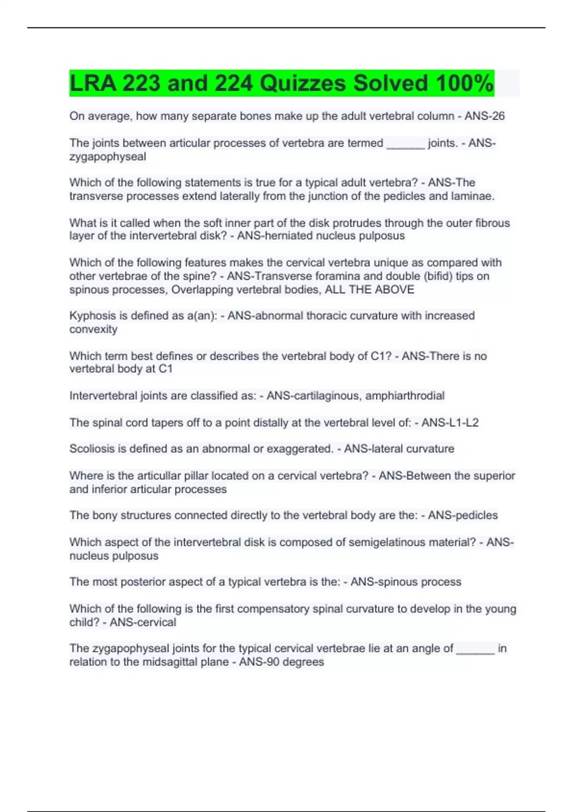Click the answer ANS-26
(x=485, y=116)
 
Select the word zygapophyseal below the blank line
(x=107, y=157)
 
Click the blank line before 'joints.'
(x=405, y=144)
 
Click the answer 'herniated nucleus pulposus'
(x=321, y=236)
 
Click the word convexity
(x=93, y=330)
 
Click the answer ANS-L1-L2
(x=450, y=423)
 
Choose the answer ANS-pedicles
(x=463, y=515)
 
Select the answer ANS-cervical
(x=143, y=622)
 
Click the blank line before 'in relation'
(x=475, y=649)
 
